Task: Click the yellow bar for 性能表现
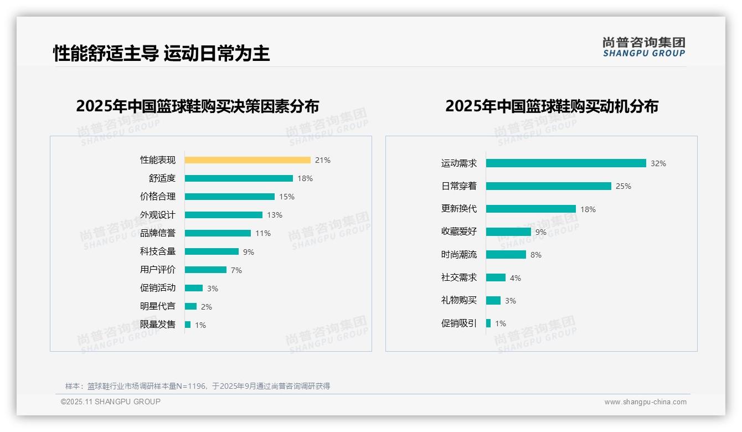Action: (248, 160)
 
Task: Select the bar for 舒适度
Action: (239, 178)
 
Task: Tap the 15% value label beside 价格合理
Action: (287, 197)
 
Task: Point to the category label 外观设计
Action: (158, 215)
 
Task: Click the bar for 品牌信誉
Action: (218, 233)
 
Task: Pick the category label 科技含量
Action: (158, 251)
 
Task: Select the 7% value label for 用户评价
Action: (236, 270)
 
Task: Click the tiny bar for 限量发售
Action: (188, 325)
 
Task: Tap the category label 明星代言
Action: (158, 306)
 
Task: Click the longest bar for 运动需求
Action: (566, 163)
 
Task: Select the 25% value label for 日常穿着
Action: (624, 186)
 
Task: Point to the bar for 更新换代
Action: (531, 209)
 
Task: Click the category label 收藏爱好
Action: (459, 232)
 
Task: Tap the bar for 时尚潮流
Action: (506, 255)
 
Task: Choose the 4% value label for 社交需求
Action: (516, 278)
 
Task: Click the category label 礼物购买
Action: (459, 300)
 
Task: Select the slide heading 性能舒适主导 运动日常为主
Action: (161, 53)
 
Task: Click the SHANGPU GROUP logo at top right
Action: (644, 47)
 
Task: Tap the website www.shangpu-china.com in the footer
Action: (645, 402)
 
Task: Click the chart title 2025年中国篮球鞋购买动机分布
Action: (552, 106)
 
